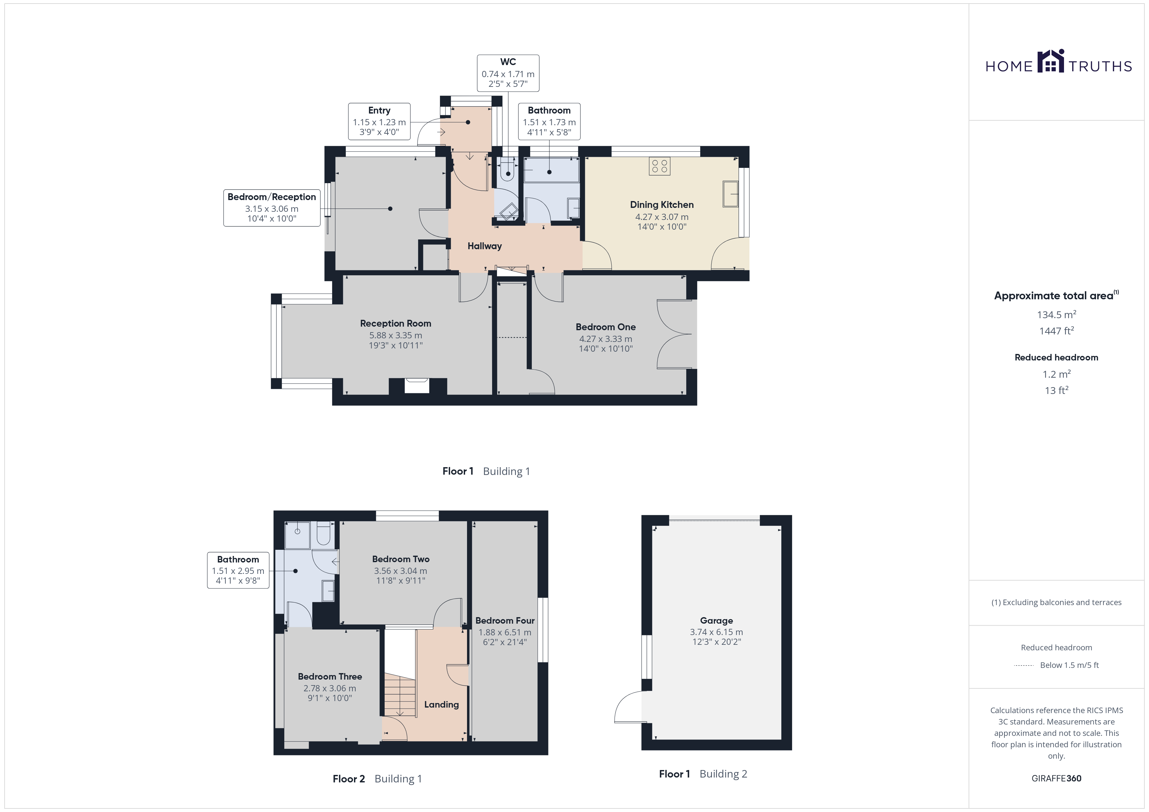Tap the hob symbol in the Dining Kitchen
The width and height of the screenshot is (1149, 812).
click(660, 166)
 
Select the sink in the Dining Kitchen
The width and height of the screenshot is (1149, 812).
click(731, 194)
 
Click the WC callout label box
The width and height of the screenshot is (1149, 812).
click(508, 73)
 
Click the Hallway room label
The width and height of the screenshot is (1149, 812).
click(484, 246)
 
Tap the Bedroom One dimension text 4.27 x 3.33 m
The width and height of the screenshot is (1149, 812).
click(605, 339)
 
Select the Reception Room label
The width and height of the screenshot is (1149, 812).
click(395, 323)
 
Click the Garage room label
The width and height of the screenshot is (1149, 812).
click(716, 620)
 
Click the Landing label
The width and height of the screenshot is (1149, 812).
click(441, 705)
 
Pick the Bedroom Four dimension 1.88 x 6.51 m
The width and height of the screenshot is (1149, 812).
click(505, 632)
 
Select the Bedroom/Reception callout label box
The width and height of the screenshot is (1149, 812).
click(272, 208)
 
